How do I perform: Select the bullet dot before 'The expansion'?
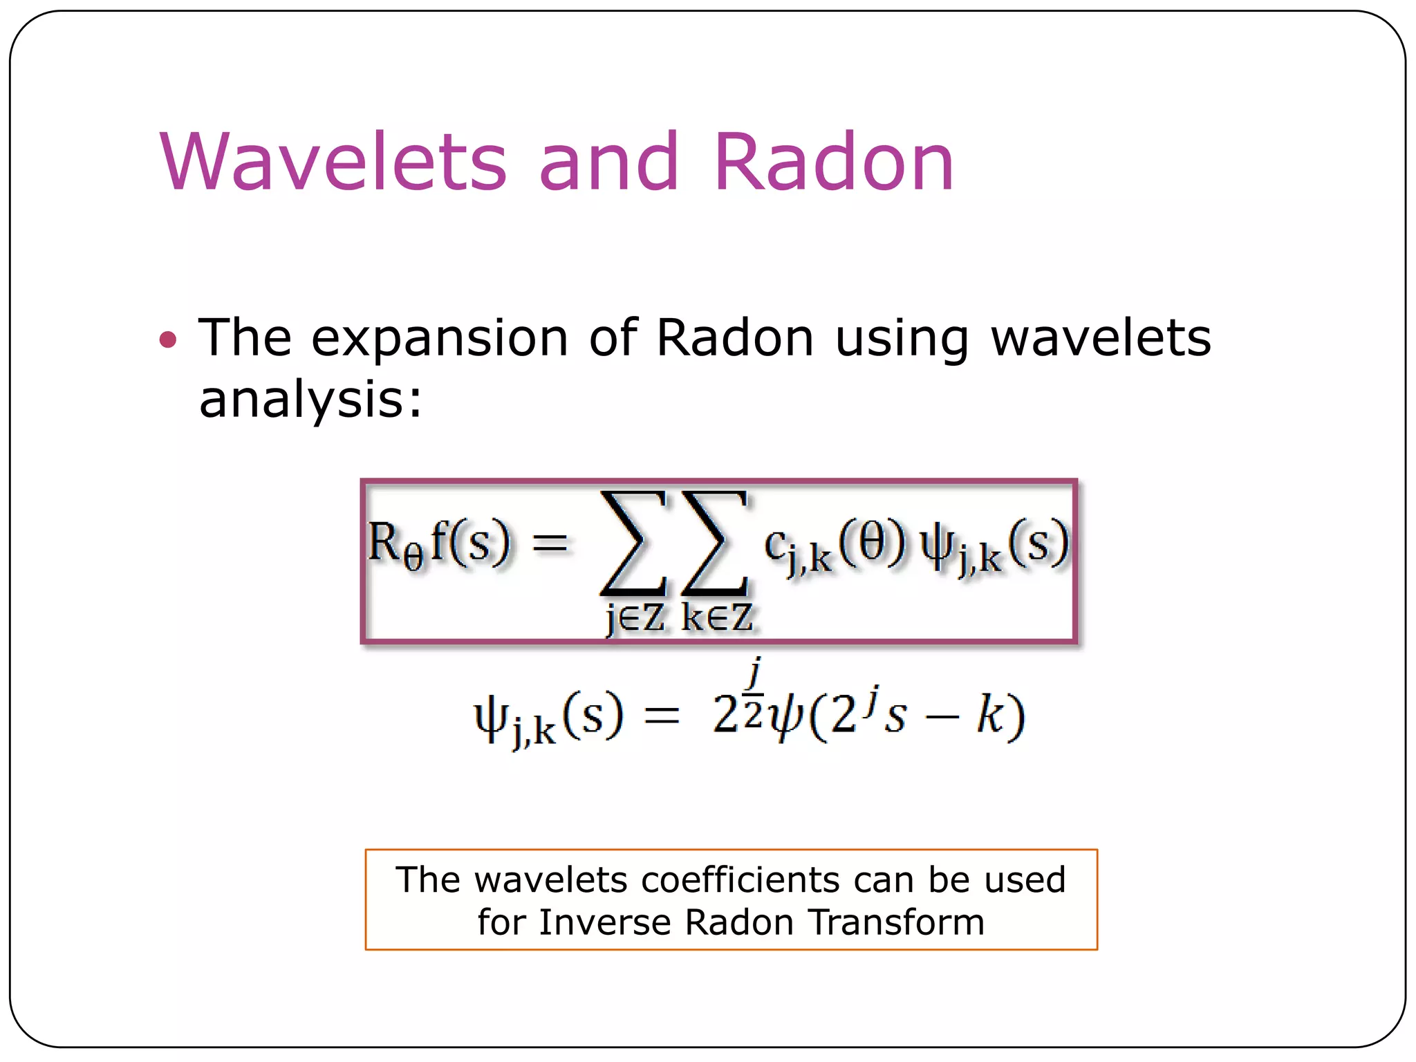click(x=168, y=339)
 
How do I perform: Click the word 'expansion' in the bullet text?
click(x=440, y=339)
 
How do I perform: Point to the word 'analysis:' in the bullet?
click(x=310, y=400)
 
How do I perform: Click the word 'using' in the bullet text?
click(x=902, y=339)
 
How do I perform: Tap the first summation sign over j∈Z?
click(x=633, y=544)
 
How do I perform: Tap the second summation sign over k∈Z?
click(x=715, y=544)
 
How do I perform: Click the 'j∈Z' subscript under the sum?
click(x=635, y=617)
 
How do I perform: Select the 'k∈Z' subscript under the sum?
click(x=717, y=617)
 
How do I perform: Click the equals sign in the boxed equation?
click(x=550, y=543)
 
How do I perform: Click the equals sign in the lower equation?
click(x=662, y=716)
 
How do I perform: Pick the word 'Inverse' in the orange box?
click(x=605, y=922)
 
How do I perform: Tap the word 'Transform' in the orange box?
click(x=896, y=922)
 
